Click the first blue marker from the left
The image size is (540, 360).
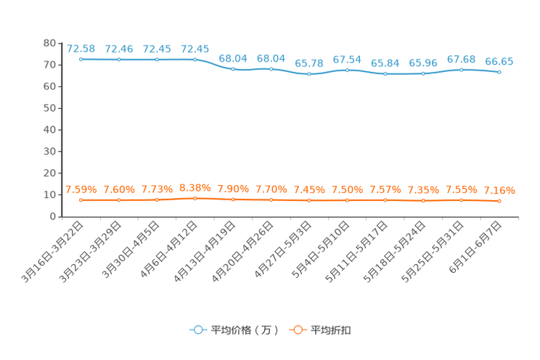coord(81,59)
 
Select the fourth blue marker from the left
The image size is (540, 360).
coord(195,59)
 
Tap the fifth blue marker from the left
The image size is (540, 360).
coord(233,70)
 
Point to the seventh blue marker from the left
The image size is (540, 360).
coord(309,73)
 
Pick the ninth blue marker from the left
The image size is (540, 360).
coord(385,74)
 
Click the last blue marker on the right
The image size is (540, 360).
coord(499,72)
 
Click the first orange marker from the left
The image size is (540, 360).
coord(81,200)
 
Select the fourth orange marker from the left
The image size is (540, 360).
coord(195,197)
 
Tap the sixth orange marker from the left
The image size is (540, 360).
coord(271,199)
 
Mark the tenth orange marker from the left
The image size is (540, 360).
coord(423,200)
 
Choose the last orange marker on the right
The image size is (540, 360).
coord(499,201)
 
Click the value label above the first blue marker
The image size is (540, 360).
coord(81,49)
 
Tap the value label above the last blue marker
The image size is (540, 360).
coord(499,62)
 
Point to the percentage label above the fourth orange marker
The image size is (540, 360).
coord(195,187)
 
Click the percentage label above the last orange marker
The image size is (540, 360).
coord(499,192)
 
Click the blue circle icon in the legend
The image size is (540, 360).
coord(198,330)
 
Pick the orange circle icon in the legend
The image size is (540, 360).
coord(297,330)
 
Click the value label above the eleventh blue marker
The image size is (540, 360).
coord(461,59)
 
